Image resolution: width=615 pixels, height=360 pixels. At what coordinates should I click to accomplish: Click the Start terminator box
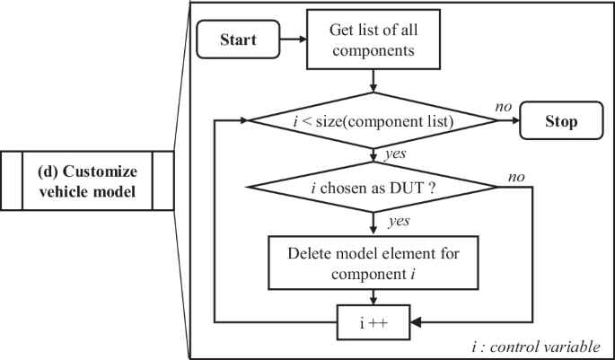[237, 40]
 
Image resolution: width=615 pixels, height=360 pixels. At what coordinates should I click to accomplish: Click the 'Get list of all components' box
[373, 40]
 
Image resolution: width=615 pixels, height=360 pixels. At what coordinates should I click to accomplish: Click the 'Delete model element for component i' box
[373, 261]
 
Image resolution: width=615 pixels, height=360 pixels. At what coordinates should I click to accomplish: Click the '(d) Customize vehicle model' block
[87, 180]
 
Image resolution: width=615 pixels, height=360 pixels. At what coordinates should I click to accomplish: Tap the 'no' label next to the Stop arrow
[504, 106]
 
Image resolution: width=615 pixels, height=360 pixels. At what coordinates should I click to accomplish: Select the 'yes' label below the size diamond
[394, 154]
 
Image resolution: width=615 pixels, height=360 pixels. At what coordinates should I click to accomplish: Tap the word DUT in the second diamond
[414, 188]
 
